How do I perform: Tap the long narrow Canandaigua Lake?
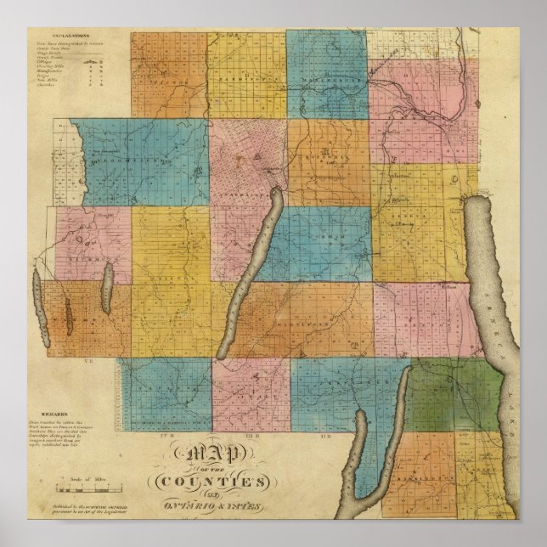click(x=251, y=272)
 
